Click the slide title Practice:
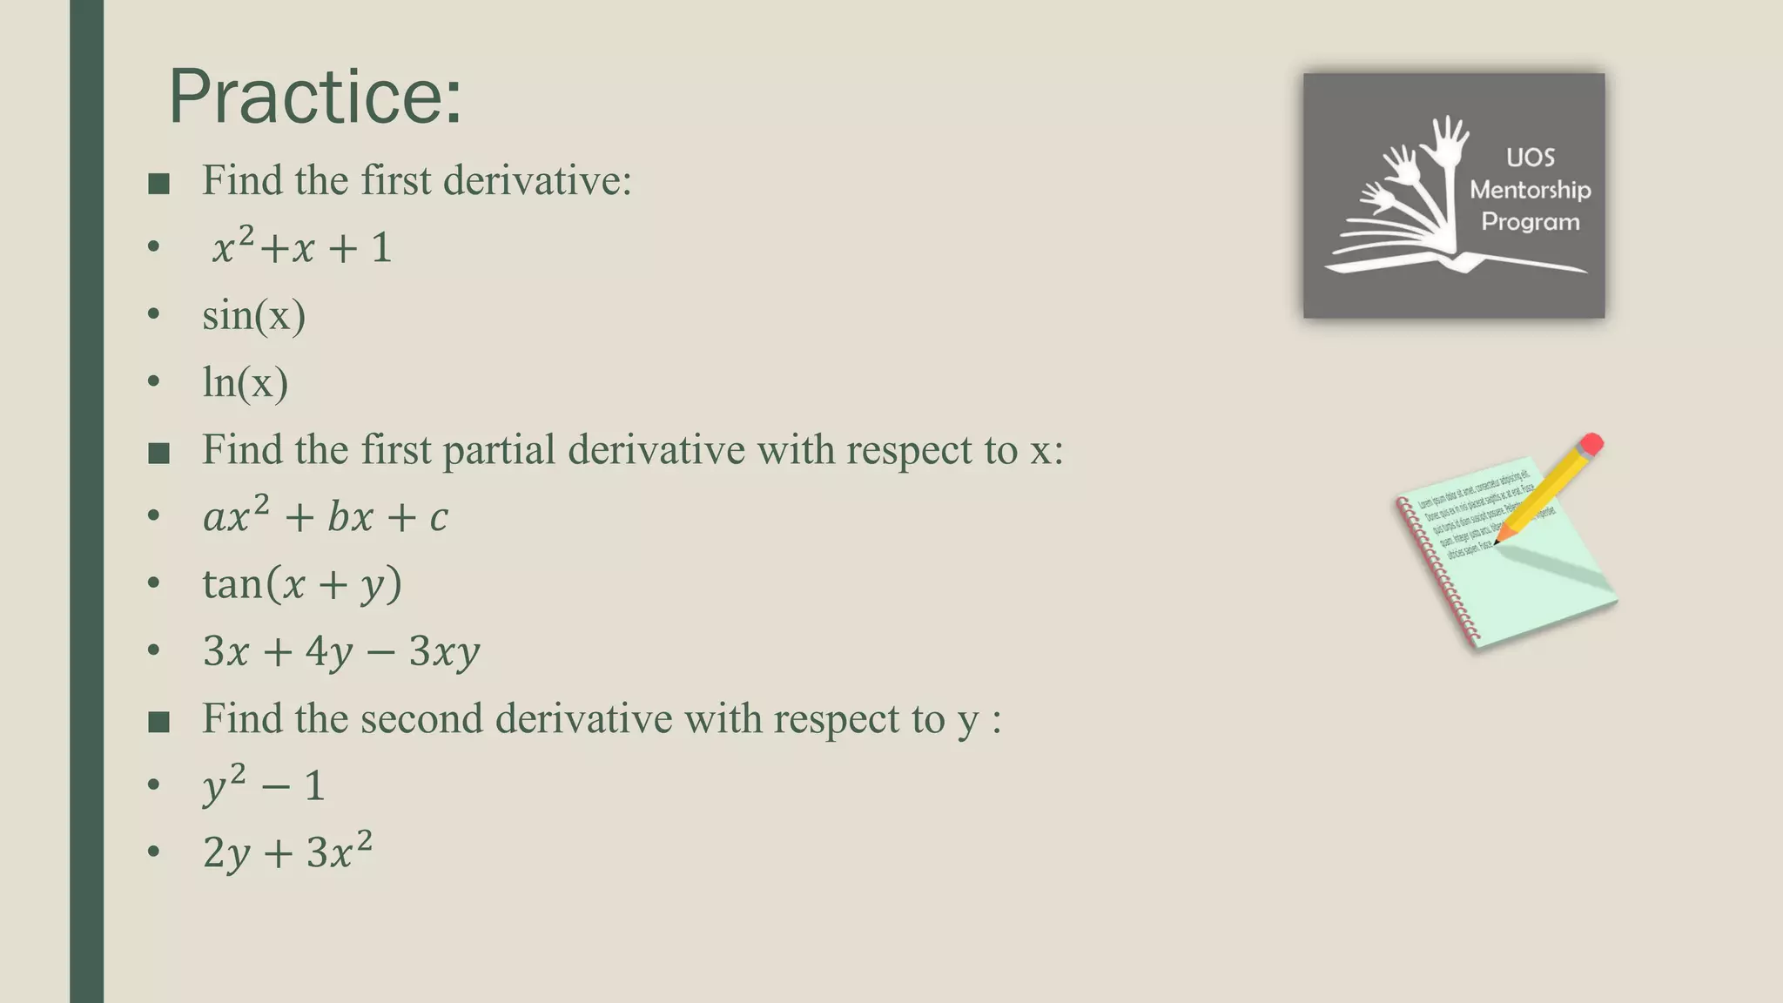point(314,97)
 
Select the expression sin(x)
point(254,315)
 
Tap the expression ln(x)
point(246,382)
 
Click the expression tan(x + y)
point(302,583)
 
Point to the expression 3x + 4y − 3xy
point(341,651)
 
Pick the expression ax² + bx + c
point(326,516)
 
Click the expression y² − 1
point(264,785)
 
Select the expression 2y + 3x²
point(287,852)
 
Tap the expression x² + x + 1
point(301,248)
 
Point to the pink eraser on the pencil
point(1591,444)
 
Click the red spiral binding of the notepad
point(1436,575)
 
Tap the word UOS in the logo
point(1531,158)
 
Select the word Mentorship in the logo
point(1531,190)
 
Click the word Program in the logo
point(1531,222)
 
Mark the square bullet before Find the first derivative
point(158,184)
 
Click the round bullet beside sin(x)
point(154,314)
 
